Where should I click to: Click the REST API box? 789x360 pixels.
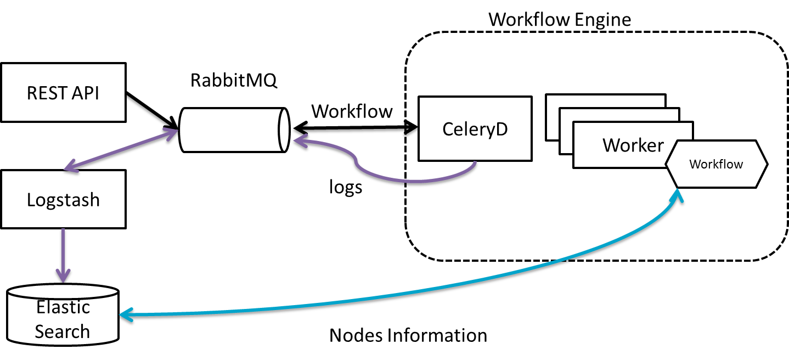(63, 93)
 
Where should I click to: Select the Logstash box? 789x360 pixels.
(63, 199)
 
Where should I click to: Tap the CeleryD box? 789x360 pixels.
(475, 129)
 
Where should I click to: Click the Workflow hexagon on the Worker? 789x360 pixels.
(716, 164)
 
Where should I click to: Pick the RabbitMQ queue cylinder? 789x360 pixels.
(233, 130)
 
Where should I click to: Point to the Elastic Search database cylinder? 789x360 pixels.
(63, 318)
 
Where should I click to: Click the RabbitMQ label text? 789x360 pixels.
(234, 80)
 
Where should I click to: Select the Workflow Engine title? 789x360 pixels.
(560, 20)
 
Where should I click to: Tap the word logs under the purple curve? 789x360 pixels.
(346, 187)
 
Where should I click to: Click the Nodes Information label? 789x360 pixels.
(408, 335)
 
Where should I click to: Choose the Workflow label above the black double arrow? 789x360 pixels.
(352, 111)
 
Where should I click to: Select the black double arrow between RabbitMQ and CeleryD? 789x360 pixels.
(354, 130)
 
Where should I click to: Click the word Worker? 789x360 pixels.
(633, 145)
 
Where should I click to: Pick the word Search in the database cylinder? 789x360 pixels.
(62, 331)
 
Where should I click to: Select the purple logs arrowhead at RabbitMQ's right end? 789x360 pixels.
(298, 143)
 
